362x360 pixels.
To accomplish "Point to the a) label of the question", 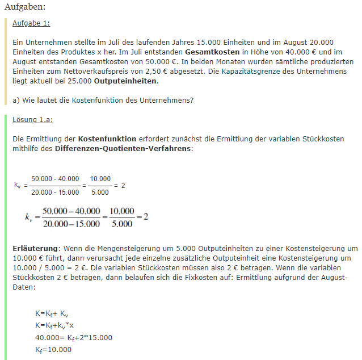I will click(x=16, y=100).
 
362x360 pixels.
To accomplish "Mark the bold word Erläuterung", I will click(x=35, y=248).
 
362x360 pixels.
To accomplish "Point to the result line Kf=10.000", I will click(x=53, y=349).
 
